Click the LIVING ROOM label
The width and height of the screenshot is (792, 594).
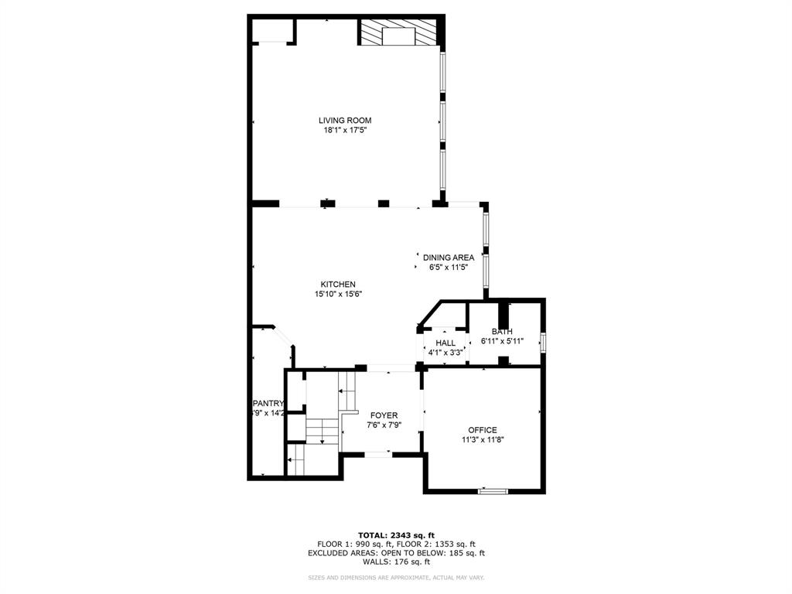(x=345, y=120)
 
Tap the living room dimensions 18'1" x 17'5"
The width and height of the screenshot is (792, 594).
(x=345, y=131)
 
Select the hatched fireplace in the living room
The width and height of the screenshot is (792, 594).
(x=398, y=34)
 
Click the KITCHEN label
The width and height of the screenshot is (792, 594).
(x=339, y=284)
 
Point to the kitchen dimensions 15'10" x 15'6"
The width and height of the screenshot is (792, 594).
(x=339, y=294)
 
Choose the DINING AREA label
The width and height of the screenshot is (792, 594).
(x=449, y=258)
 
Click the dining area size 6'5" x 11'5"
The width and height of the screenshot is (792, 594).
(x=449, y=268)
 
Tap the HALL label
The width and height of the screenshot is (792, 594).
(x=445, y=343)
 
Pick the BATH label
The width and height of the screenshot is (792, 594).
(x=502, y=332)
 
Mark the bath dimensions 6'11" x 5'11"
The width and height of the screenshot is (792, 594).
(x=502, y=341)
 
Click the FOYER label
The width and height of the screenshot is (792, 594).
(x=384, y=415)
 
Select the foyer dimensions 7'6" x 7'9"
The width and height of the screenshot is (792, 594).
(x=384, y=425)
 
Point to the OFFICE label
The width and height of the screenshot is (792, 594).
(x=483, y=430)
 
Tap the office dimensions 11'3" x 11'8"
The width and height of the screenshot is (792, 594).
(x=483, y=440)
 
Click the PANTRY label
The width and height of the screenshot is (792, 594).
(x=269, y=403)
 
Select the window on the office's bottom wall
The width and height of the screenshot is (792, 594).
(x=493, y=490)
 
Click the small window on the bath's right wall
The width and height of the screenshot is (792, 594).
(x=544, y=342)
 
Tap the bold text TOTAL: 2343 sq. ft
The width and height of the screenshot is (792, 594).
(x=396, y=535)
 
